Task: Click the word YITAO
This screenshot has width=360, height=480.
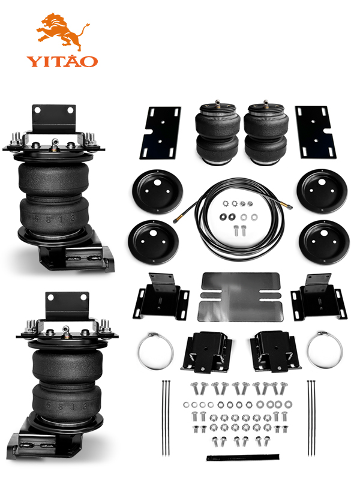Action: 62,61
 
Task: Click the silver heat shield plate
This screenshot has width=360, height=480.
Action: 240,296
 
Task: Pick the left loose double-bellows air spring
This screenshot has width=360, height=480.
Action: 218,133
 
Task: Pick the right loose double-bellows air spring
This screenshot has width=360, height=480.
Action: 266,133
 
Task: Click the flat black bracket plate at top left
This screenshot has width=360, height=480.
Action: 160,133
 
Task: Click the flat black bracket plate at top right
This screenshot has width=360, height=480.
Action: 316,132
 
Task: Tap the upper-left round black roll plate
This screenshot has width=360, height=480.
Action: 157,191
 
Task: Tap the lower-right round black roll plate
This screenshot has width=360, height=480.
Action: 324,242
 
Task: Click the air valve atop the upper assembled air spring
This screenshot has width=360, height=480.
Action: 55,144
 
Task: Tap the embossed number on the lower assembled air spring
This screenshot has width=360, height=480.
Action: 67,406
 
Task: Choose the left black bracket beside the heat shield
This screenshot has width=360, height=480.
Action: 161,296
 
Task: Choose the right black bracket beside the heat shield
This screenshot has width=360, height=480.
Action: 319,296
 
